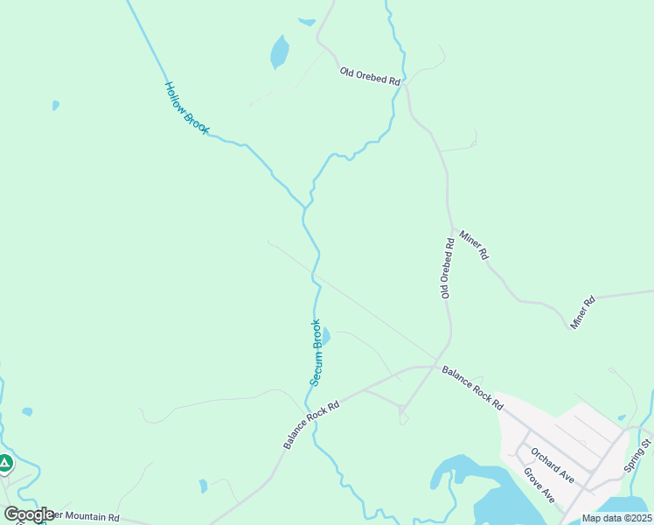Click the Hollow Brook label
187,108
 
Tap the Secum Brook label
317,352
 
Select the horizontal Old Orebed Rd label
370,76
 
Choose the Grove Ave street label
539,485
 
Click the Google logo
28,514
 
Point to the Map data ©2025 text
616,518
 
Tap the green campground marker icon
5,463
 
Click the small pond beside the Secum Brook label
326,336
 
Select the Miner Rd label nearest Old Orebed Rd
473,244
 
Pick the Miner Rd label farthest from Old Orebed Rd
582,312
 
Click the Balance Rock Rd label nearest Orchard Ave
472,388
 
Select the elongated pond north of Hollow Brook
279,52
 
